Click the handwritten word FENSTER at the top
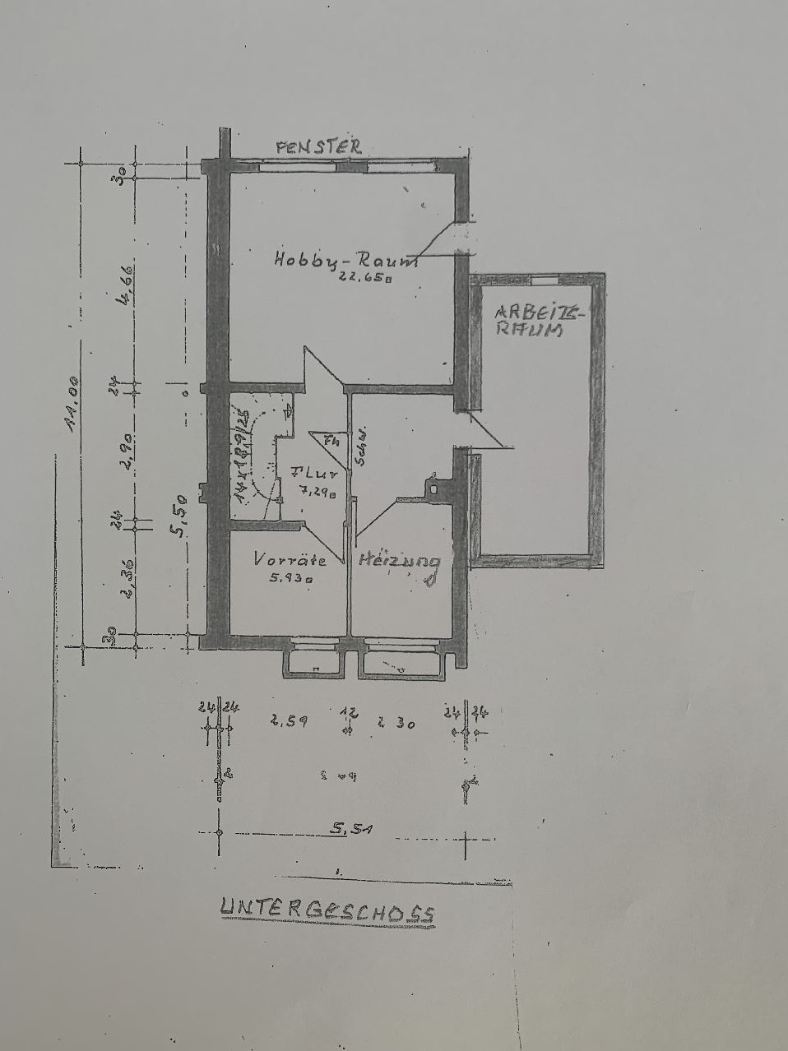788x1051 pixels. coord(318,147)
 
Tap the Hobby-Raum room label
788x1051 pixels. coord(345,260)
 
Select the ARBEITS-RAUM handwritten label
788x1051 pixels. coord(539,322)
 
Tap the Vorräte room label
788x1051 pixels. coord(290,560)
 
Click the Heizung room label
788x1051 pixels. coord(400,563)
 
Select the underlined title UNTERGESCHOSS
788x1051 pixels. coord(327,910)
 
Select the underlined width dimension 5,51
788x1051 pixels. coord(349,831)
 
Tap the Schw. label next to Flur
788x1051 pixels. coord(360,448)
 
